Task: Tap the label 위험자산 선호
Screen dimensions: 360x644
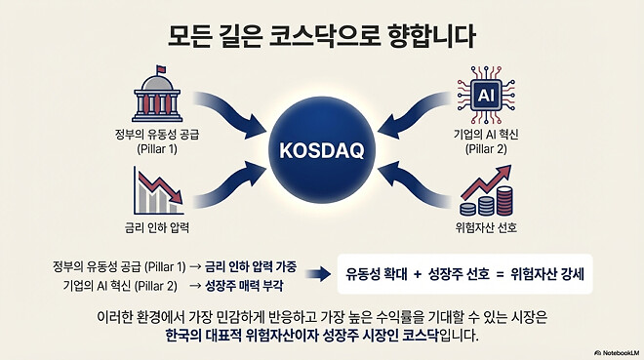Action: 486,229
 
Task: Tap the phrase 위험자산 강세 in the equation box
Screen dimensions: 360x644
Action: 552,275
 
